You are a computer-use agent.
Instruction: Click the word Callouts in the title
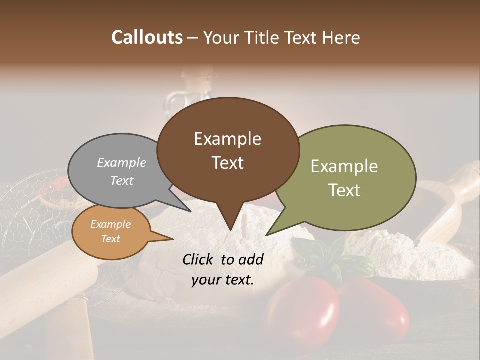point(147,37)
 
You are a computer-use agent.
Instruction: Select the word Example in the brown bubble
point(227,139)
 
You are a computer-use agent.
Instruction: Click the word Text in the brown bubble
point(227,162)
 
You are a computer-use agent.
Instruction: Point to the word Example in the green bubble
point(344,166)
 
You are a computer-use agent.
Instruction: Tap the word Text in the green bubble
point(344,190)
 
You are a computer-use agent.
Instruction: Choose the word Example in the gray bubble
point(121,162)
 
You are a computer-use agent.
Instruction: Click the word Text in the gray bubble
point(121,180)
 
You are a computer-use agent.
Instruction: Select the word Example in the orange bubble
point(110,224)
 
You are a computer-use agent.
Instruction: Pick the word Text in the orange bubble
point(110,239)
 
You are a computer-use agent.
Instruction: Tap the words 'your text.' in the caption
point(222,280)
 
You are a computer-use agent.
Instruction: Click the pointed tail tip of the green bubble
point(266,235)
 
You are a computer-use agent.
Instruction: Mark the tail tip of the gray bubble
point(191,211)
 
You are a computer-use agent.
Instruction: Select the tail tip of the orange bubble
point(173,239)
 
